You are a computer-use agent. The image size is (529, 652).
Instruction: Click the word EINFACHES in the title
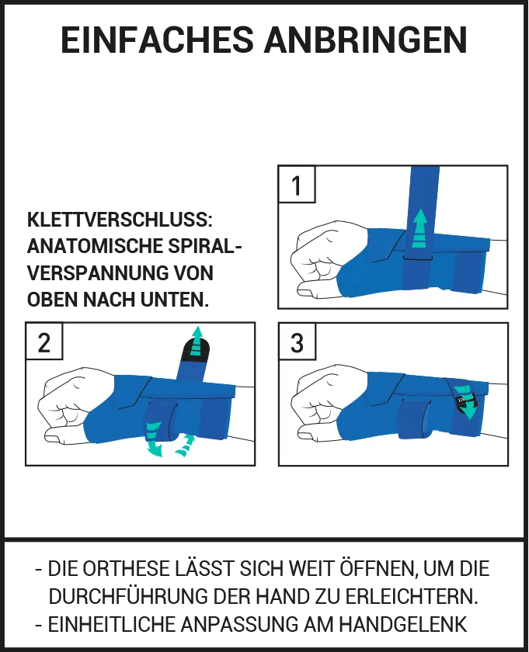(158, 40)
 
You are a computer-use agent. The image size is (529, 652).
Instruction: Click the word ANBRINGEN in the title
(365, 40)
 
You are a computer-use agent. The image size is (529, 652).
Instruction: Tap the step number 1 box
(296, 184)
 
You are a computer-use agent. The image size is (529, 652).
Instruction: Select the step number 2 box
(44, 341)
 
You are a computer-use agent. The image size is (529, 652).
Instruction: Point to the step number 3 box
(297, 342)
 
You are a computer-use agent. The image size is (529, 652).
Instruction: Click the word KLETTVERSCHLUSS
(120, 220)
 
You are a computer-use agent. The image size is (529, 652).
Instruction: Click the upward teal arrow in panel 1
(419, 229)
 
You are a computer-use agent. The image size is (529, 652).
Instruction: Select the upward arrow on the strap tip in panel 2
(197, 342)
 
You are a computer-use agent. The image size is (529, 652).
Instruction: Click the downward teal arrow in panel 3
(466, 402)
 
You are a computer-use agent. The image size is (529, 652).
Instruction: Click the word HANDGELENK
(403, 624)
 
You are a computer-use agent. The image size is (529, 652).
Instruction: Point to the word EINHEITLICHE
(112, 624)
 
